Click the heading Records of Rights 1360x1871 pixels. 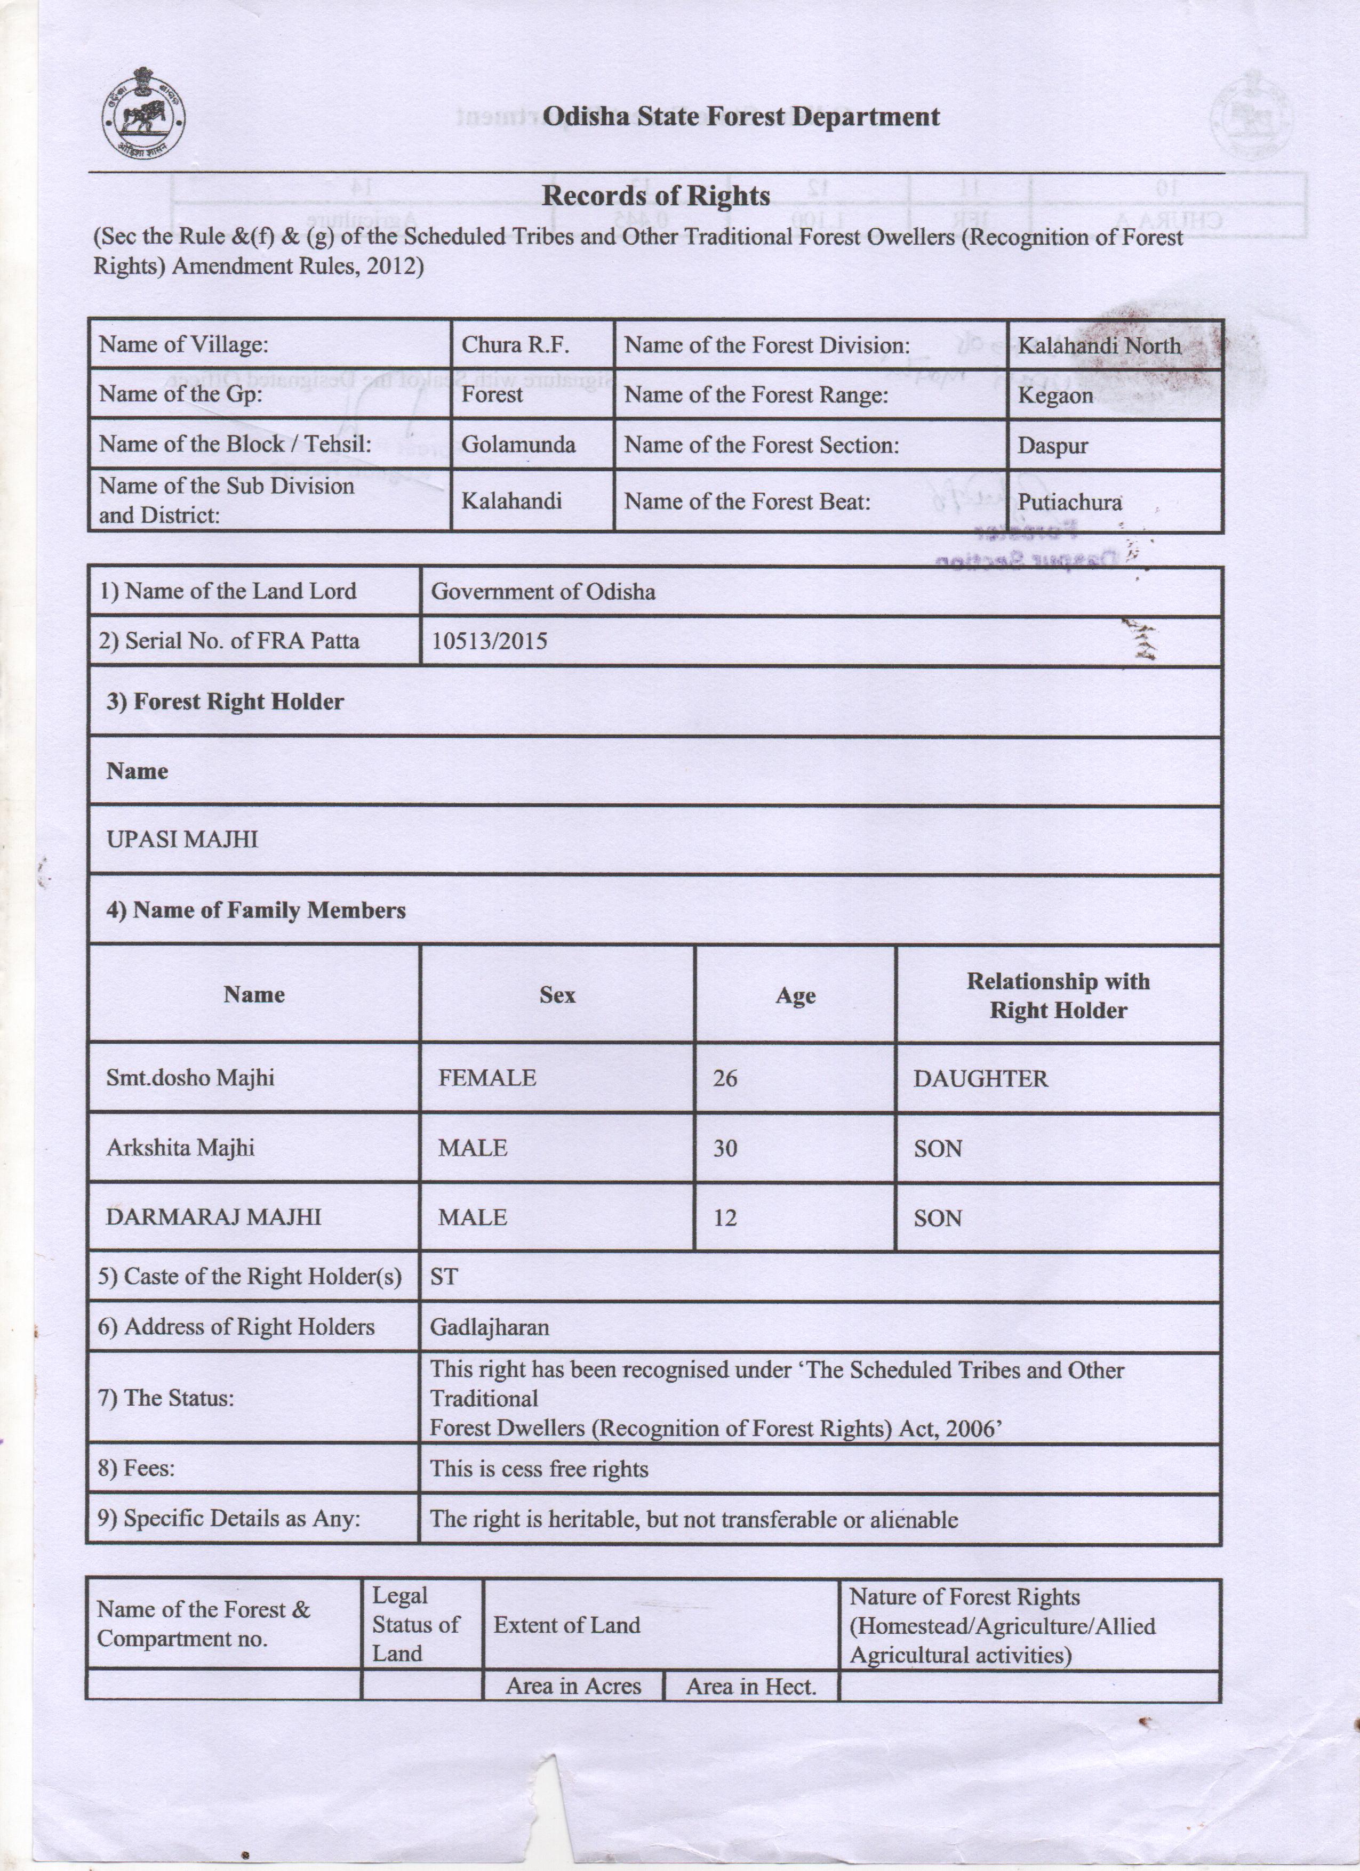tap(655, 196)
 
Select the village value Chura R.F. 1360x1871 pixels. tap(515, 345)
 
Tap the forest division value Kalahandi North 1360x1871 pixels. tap(1098, 345)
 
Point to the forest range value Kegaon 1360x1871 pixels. tap(1054, 395)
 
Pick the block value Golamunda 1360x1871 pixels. tap(518, 445)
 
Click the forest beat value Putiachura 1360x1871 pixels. tap(1069, 502)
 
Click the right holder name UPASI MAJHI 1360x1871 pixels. tap(182, 840)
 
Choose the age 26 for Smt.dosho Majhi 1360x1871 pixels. tap(725, 1078)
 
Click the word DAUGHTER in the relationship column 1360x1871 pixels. tap(980, 1079)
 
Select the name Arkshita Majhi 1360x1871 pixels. tap(180, 1148)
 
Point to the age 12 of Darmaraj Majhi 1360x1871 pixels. tap(725, 1217)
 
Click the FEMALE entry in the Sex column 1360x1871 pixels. tap(487, 1078)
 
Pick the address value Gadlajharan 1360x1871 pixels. tap(490, 1327)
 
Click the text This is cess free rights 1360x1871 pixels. tap(539, 1469)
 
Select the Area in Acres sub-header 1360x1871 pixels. tap(573, 1686)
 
